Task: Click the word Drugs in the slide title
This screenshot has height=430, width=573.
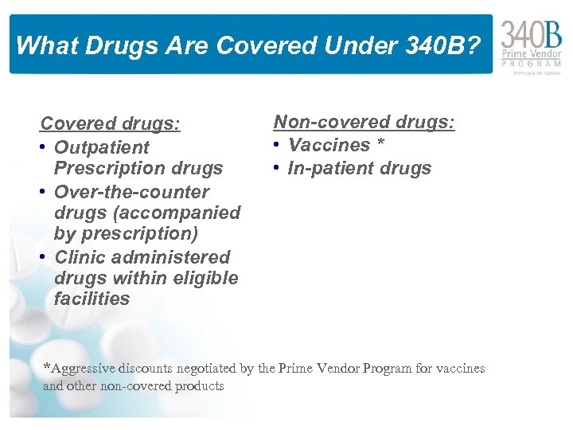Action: coord(105,45)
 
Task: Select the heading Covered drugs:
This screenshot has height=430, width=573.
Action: coord(110,124)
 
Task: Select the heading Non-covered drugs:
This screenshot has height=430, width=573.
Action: coord(364,122)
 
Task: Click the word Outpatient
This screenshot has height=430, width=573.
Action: coord(101,147)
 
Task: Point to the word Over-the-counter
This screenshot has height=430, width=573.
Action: coord(131,192)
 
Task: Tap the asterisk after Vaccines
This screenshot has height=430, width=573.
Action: coord(380,143)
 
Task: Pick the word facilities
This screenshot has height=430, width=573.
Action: coord(92,299)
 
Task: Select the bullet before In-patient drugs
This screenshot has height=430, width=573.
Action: coord(278,168)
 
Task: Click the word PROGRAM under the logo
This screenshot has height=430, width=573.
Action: coord(531,63)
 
